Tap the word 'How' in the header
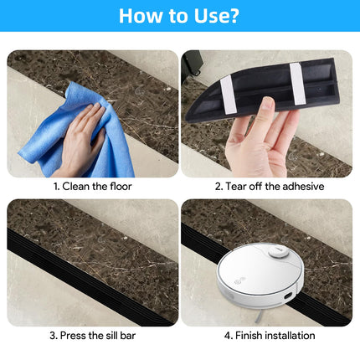141,16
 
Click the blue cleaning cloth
80,126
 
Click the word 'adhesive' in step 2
301,186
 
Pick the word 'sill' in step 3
100,335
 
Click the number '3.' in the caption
54,335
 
